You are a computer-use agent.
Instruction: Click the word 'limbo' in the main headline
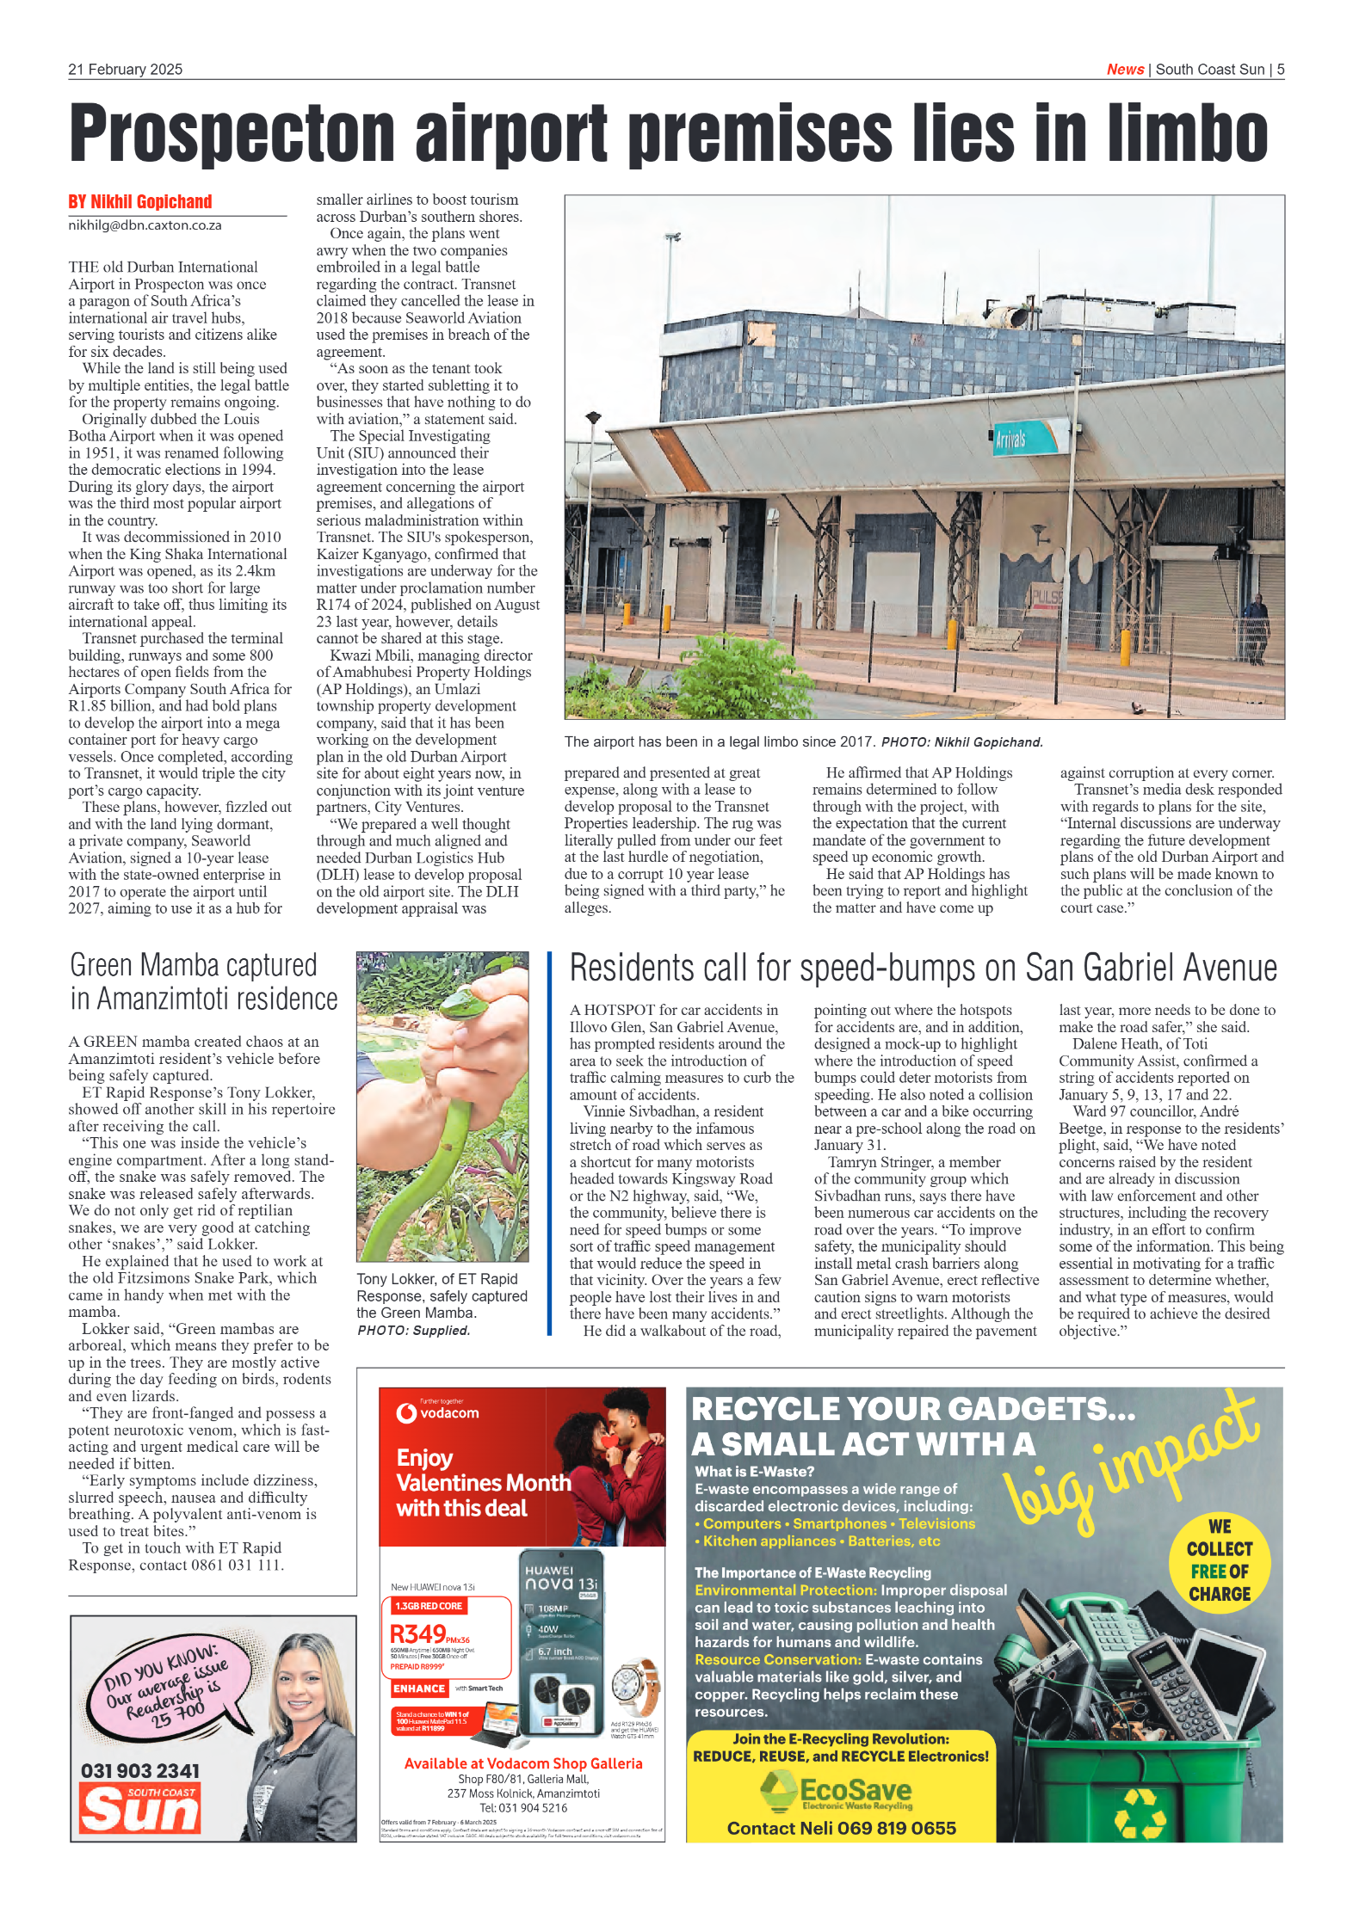click(1187, 133)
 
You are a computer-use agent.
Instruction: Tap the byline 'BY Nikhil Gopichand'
click(140, 202)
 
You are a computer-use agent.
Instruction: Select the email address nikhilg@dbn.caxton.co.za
click(145, 225)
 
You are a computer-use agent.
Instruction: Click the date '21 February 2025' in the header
click(126, 70)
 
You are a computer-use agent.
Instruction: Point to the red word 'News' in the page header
click(1125, 70)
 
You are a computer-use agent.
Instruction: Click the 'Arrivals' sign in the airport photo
click(1010, 440)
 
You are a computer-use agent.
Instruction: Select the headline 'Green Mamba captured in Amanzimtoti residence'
click(203, 982)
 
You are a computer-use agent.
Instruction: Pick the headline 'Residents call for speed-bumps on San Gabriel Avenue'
click(923, 969)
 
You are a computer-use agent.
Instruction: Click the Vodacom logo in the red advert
click(437, 1413)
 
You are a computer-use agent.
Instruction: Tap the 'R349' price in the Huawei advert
click(418, 1633)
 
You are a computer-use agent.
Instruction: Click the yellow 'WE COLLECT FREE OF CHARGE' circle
click(1219, 1563)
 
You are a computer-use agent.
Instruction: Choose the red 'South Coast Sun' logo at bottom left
click(140, 1808)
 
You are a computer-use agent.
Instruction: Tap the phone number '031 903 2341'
click(140, 1770)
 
